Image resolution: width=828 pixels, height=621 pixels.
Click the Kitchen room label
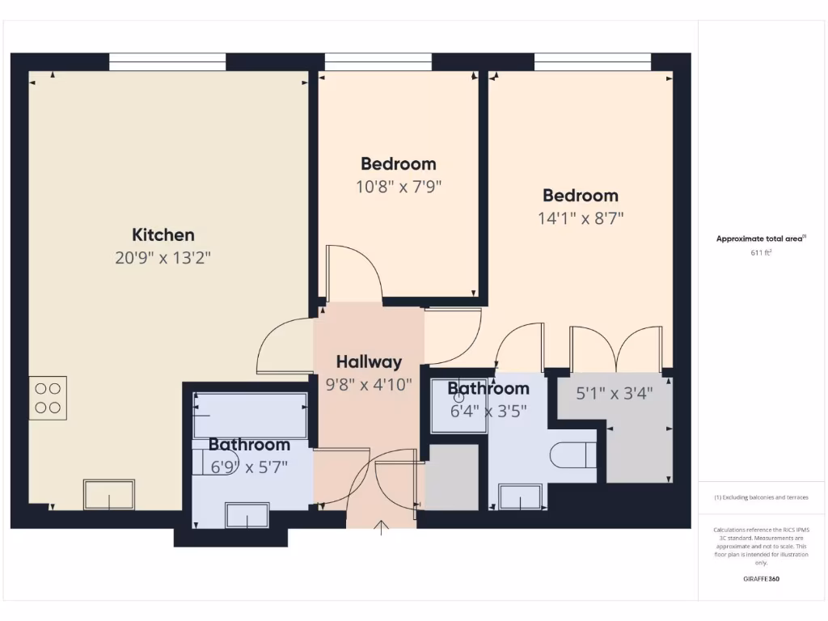click(163, 235)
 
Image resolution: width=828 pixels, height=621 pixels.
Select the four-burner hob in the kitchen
click(48, 398)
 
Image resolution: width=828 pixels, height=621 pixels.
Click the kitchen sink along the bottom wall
click(109, 494)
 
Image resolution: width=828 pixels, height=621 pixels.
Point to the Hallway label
click(369, 361)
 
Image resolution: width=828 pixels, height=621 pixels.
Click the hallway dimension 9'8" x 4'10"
click(369, 384)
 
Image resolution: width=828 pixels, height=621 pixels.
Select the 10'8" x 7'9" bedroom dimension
click(399, 187)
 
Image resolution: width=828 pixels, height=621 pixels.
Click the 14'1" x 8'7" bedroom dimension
click(581, 218)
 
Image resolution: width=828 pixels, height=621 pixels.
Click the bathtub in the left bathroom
click(250, 416)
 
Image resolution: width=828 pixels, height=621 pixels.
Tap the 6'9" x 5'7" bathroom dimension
click(249, 467)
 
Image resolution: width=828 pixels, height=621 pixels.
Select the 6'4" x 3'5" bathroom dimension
click(488, 410)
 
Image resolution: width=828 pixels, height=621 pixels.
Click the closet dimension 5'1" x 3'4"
click(614, 394)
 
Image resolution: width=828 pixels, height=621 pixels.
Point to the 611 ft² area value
click(761, 252)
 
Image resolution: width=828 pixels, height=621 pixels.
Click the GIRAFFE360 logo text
click(761, 579)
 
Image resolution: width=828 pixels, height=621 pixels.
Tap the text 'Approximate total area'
click(758, 239)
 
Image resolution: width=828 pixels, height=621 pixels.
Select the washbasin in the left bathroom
click(247, 514)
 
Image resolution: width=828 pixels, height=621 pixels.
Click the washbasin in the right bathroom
click(520, 496)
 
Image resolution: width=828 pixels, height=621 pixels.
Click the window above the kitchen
click(167, 61)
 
